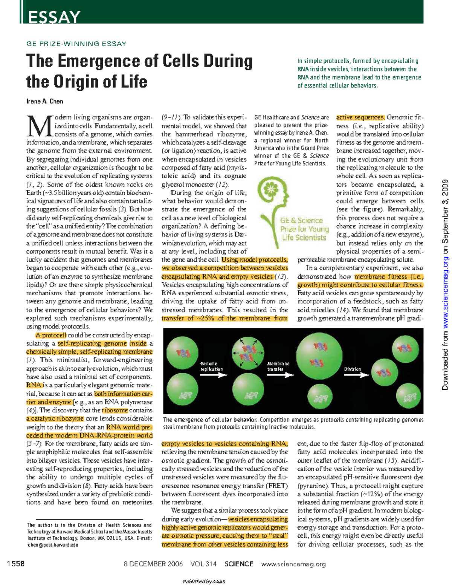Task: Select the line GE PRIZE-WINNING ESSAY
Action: point(76,44)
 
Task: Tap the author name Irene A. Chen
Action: point(44,101)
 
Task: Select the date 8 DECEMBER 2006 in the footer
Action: point(153,564)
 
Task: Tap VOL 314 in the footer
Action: point(203,564)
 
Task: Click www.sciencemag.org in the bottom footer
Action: point(293,564)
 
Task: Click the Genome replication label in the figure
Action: point(211,366)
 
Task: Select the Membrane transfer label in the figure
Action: point(278,366)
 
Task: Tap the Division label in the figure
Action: point(352,369)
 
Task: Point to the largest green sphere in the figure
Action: point(319,356)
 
